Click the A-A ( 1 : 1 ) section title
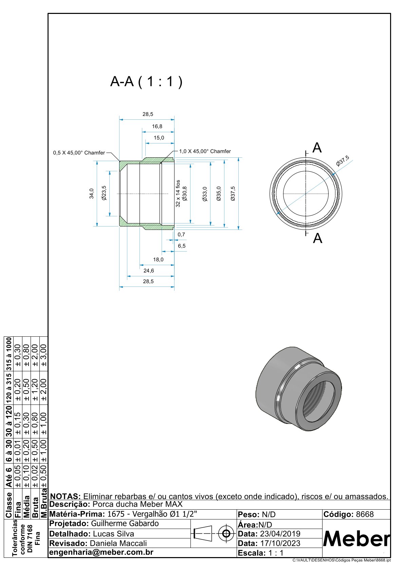coord(146,82)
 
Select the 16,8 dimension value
coord(157,126)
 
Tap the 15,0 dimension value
coord(159,138)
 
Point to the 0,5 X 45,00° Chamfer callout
coord(79,153)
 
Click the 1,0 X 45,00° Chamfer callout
coord(205,151)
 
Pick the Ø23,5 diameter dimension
coord(104,193)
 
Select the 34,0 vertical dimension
coord(91,193)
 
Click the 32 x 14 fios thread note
coord(178,193)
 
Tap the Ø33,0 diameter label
coord(204,194)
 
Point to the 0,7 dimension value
coord(181,234)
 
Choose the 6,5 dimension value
coord(182,246)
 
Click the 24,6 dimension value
coord(148,271)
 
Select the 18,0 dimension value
coord(158,259)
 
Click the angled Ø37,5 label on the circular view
coord(343,160)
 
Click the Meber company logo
coord(356,538)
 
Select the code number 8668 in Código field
coord(365,514)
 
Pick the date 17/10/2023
coord(280,543)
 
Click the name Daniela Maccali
coord(118,543)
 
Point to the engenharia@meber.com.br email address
coord(101,552)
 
